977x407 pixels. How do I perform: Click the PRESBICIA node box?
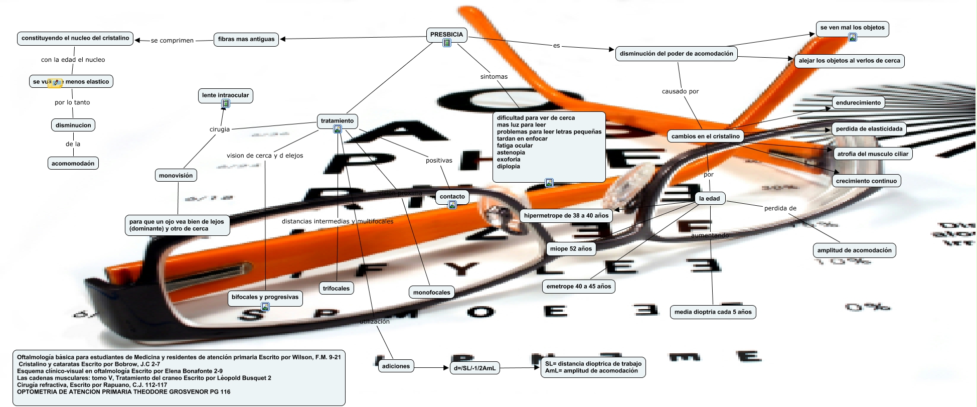tap(446, 35)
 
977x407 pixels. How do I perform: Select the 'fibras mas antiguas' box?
tap(246, 39)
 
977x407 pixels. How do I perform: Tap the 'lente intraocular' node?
tap(225, 95)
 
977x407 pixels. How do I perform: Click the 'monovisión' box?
tap(176, 176)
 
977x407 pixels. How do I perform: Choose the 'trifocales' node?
tap(336, 289)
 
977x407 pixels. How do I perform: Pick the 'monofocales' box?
tap(431, 293)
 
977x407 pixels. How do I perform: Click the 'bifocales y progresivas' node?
tap(265, 297)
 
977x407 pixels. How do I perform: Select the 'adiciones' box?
tap(396, 366)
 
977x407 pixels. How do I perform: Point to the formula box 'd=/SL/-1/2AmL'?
tap(474, 368)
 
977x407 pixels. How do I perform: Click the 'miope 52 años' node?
tap(571, 249)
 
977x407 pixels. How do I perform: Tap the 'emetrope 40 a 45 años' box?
tap(579, 287)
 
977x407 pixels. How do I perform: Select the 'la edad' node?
tap(709, 199)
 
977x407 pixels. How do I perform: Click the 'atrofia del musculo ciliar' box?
tap(873, 154)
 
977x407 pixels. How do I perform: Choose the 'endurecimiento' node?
tap(858, 103)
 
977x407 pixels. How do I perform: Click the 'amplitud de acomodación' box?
tap(854, 250)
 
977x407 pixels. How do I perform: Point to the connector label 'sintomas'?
tap(494, 77)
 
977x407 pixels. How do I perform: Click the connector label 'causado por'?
tap(680, 91)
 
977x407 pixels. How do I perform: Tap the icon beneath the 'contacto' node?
tap(452, 205)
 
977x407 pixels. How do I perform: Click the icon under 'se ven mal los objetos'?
tap(853, 37)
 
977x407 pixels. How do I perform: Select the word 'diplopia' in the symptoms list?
tap(509, 167)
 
